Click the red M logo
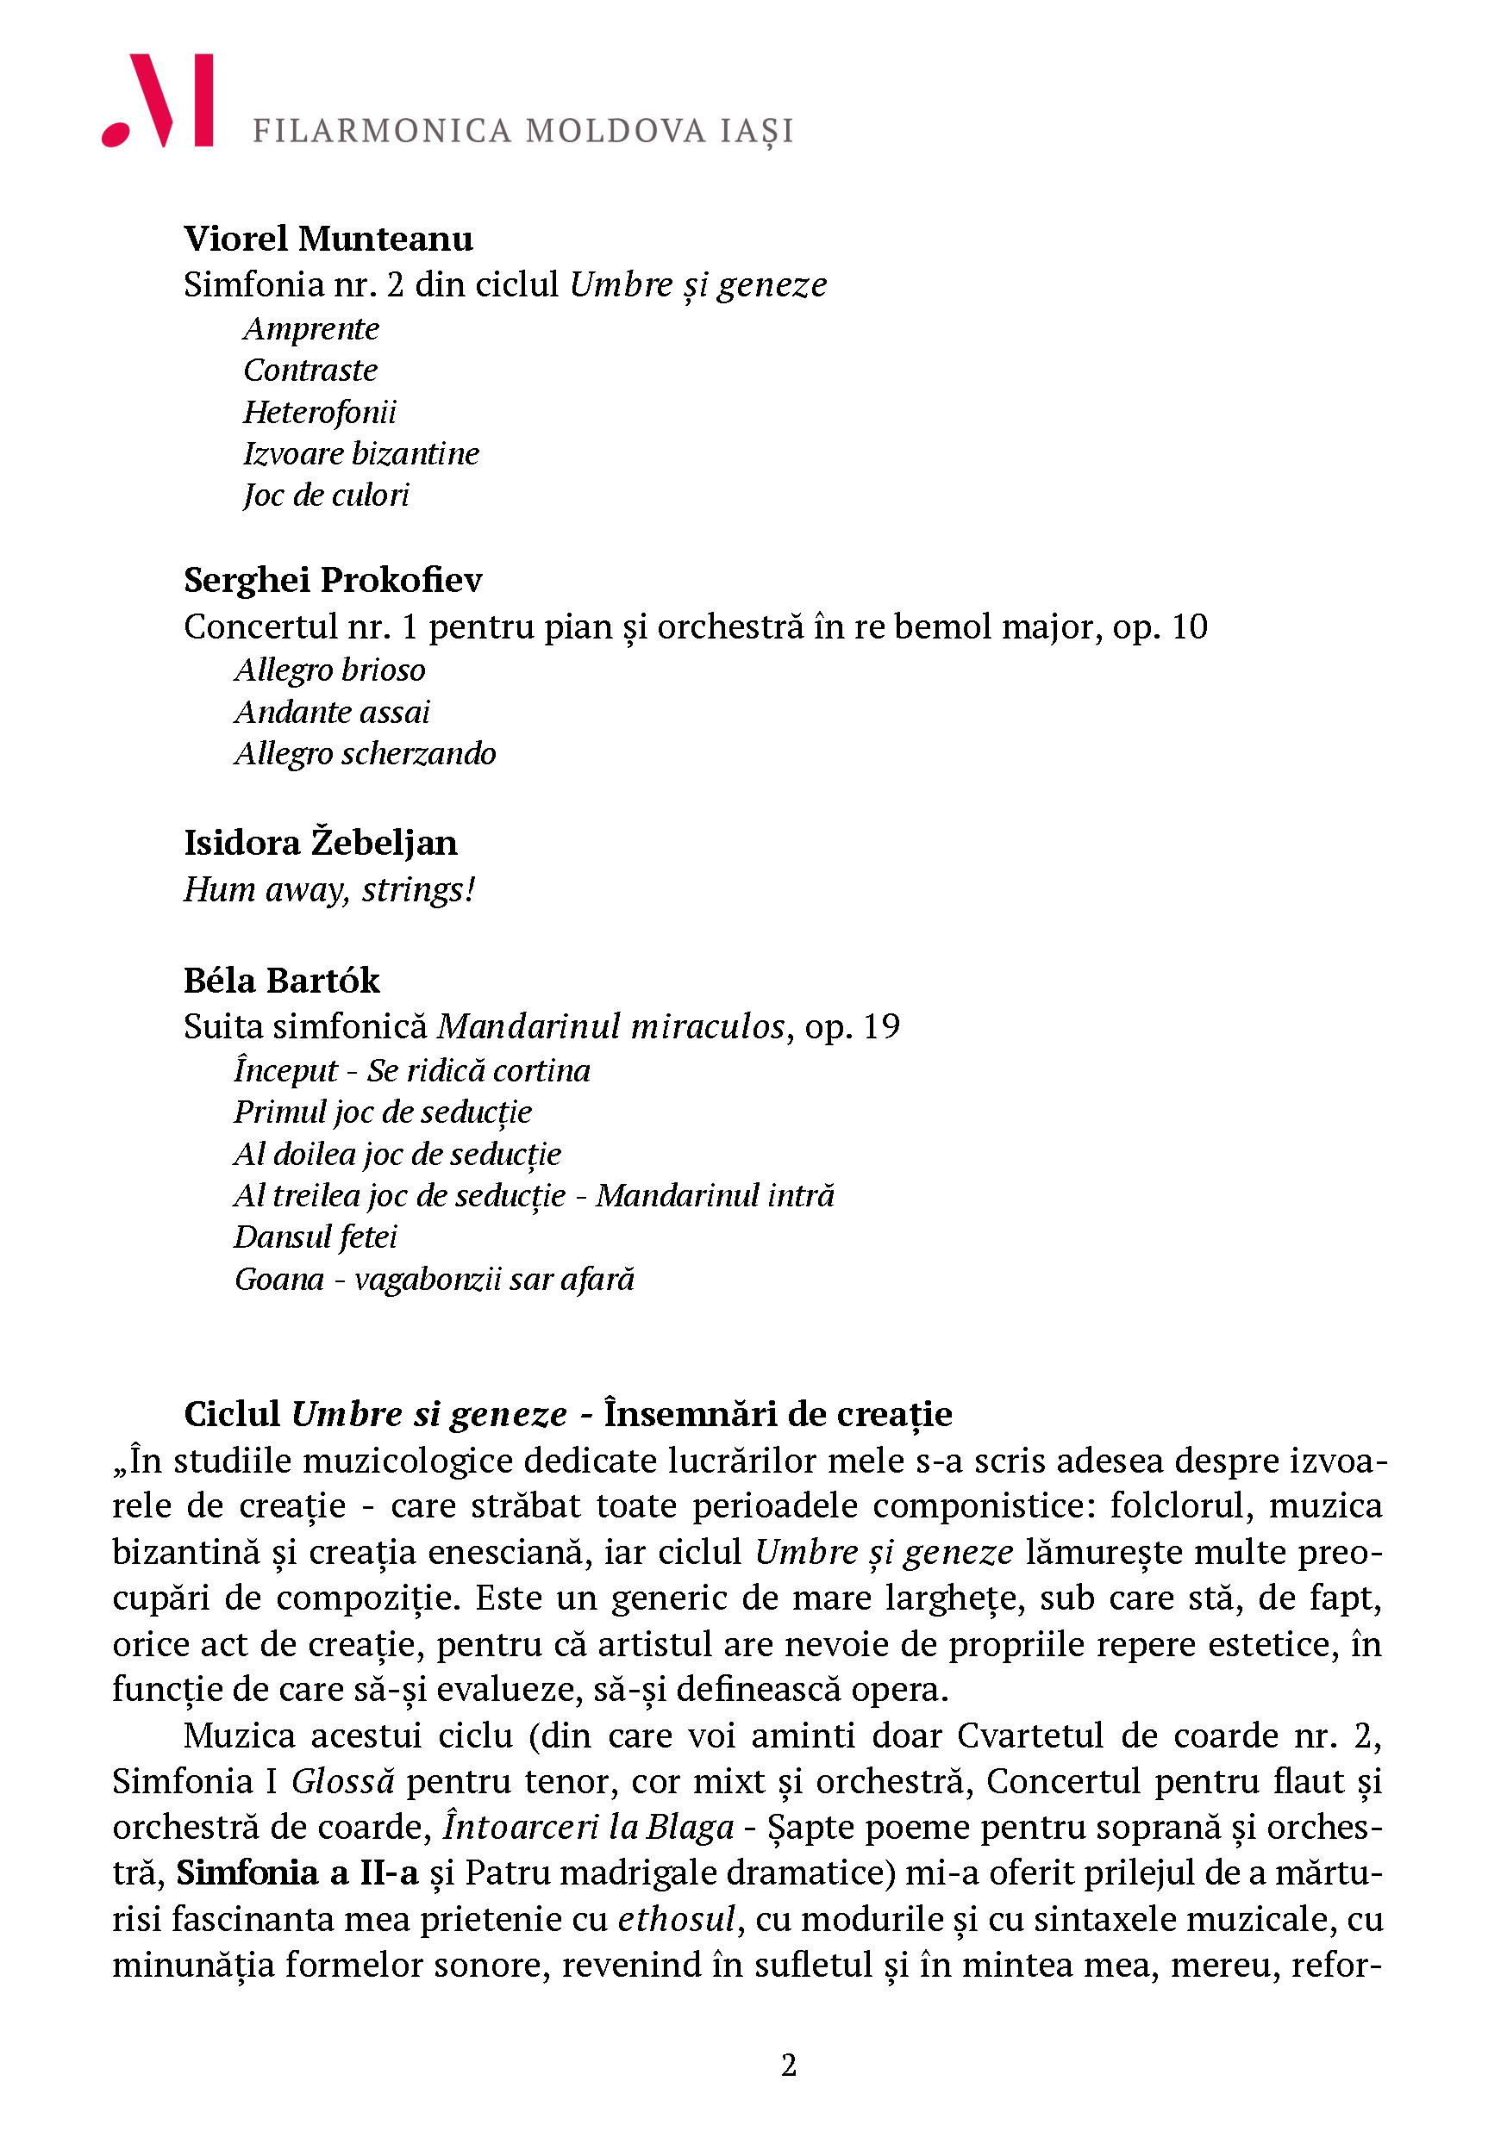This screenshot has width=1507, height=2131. [x=158, y=100]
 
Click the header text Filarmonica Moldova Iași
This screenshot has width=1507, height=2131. [x=522, y=131]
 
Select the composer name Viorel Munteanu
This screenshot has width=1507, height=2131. [x=328, y=239]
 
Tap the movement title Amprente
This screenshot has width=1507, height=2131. [x=311, y=328]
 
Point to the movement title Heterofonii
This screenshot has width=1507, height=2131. [x=319, y=411]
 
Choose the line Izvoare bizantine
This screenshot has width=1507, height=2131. [x=361, y=453]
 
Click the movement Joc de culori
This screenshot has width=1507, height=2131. [x=326, y=495]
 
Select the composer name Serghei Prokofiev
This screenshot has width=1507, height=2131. [x=334, y=580]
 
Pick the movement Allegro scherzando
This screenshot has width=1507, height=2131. [x=365, y=753]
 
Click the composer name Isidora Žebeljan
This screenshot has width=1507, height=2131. [x=321, y=843]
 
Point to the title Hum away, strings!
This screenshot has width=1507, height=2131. [x=329, y=889]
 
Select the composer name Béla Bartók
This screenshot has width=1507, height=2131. [x=281, y=980]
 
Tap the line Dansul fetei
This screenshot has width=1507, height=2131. [x=316, y=1237]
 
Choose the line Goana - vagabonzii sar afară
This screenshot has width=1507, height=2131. [x=435, y=1279]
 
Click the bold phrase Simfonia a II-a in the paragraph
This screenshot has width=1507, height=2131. [x=297, y=1873]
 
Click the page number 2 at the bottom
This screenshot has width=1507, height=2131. [x=788, y=2066]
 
